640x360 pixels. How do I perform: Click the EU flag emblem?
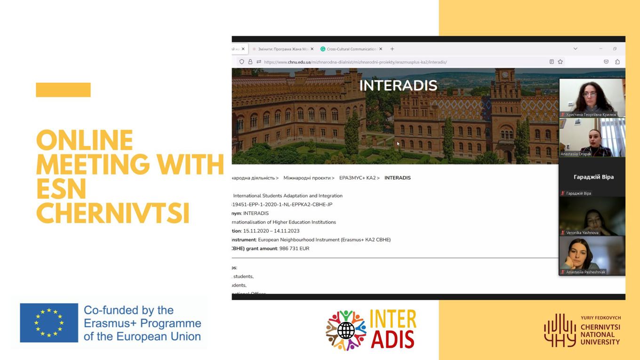49,323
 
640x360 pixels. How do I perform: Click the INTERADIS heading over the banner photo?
398,86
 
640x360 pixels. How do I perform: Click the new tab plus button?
392,49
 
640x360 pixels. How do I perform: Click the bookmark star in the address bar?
560,62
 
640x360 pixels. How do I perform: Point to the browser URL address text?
355,62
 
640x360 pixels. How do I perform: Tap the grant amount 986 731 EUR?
294,248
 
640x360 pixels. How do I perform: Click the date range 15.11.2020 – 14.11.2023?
271,231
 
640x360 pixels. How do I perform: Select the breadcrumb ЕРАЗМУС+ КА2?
357,178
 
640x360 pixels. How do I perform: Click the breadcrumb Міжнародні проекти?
307,178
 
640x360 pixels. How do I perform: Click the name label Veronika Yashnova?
582,232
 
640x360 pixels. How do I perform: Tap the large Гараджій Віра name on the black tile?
593,177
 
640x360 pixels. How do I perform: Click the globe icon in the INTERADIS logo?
346,330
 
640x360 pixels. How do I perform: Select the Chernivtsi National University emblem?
560,330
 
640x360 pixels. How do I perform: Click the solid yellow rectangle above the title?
63,90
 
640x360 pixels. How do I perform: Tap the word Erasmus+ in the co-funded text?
111,324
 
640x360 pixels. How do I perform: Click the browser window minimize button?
600,49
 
